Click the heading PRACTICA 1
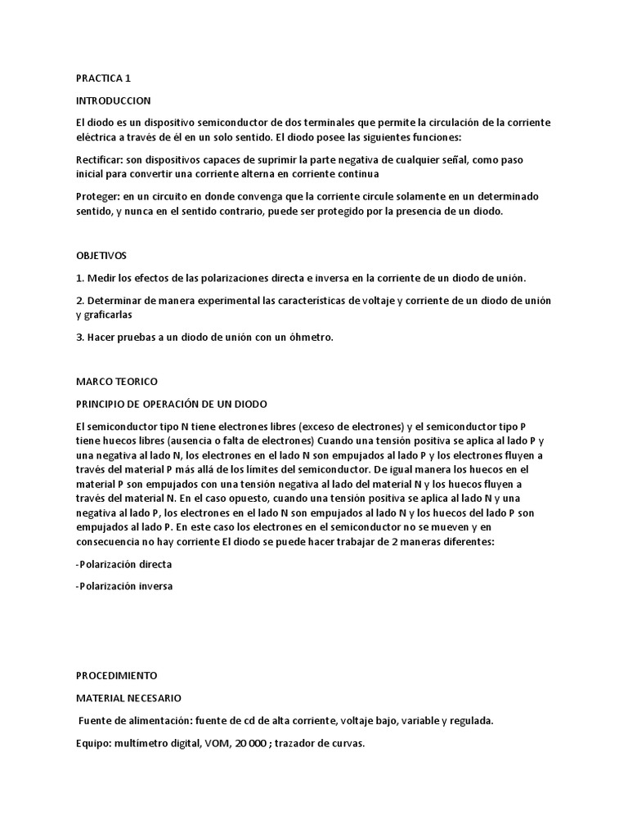[103, 78]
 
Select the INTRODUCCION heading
[113, 101]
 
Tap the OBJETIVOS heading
[101, 256]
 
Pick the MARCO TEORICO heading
[116, 382]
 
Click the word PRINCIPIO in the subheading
[103, 404]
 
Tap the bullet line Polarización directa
[123, 564]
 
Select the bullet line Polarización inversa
[124, 586]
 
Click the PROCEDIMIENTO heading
[116, 676]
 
